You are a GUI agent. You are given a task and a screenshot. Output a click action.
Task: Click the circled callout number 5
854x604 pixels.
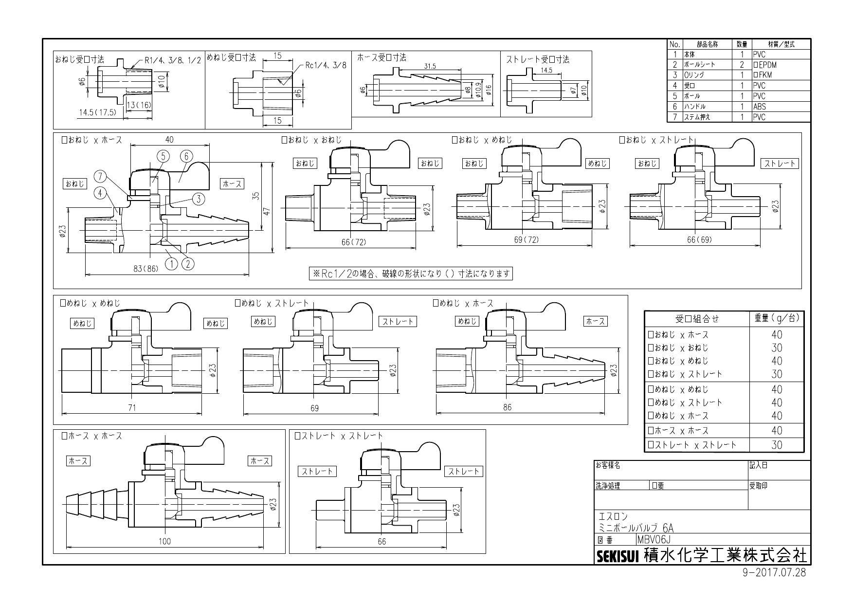(163, 156)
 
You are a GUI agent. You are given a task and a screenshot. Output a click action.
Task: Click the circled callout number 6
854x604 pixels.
(186, 156)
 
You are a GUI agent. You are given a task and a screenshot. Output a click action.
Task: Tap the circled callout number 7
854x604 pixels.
(100, 176)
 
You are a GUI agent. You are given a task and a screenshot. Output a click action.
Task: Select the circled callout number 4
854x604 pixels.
(100, 193)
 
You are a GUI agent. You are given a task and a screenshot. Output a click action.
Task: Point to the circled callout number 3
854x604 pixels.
(199, 199)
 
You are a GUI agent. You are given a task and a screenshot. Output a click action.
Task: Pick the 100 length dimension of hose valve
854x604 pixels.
(165, 541)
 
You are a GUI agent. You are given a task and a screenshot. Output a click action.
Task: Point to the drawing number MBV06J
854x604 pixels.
(654, 540)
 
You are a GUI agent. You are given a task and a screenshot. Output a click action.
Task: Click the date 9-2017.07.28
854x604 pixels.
(774, 573)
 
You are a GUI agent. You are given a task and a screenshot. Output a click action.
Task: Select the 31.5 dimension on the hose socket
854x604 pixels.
(430, 66)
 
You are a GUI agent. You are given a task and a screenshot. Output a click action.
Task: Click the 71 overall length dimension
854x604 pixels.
(131, 407)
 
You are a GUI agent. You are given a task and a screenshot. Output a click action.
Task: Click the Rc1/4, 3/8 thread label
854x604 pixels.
(326, 65)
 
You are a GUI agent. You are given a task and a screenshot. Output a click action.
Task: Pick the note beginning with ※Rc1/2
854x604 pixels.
(411, 274)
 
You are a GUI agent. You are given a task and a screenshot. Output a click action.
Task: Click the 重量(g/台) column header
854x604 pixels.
(777, 318)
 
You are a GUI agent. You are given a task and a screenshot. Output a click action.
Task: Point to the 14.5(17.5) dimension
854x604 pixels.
(98, 112)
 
